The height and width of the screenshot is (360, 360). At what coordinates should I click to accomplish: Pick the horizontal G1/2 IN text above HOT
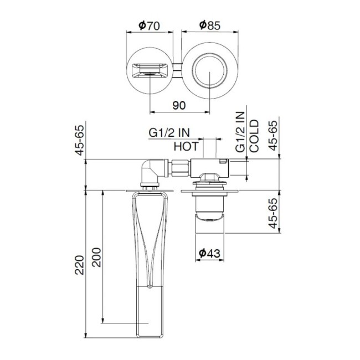(169, 133)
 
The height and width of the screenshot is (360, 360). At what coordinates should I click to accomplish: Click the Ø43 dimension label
(210, 253)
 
